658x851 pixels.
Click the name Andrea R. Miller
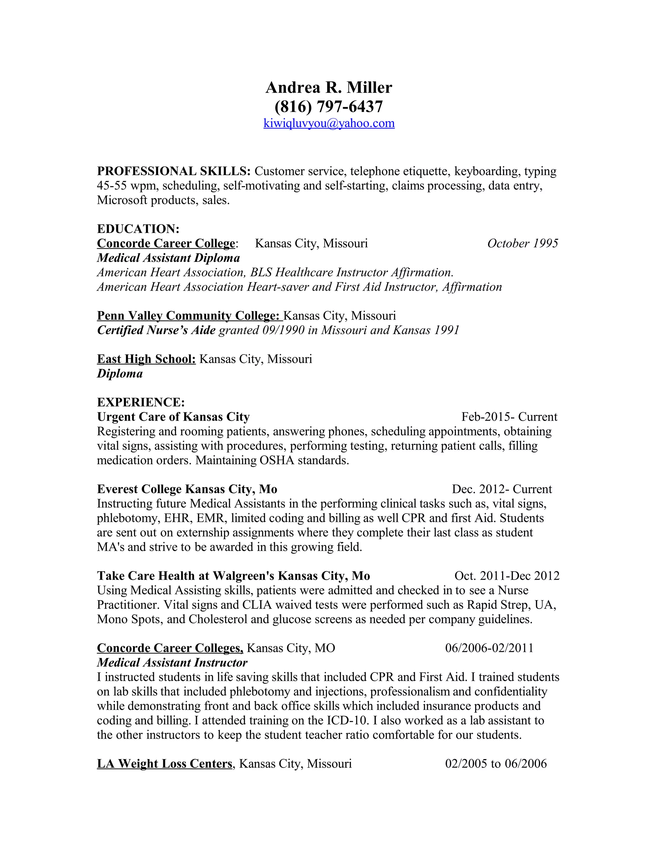(x=329, y=88)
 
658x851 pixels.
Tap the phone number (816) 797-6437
(x=329, y=106)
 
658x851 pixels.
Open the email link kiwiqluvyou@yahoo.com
(x=329, y=124)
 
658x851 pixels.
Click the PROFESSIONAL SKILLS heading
(x=173, y=171)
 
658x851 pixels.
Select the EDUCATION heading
(x=138, y=229)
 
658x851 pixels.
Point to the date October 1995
(x=522, y=243)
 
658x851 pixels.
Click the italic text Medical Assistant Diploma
(x=168, y=258)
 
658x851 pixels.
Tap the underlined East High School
(x=146, y=359)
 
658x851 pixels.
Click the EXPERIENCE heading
(x=141, y=402)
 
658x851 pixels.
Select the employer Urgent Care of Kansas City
(x=173, y=417)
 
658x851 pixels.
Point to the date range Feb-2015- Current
(x=509, y=417)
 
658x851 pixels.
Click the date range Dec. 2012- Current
(x=502, y=489)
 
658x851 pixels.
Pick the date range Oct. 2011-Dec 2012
(x=507, y=576)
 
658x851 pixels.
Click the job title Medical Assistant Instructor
(x=172, y=663)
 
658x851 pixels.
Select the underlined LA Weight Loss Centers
(x=164, y=764)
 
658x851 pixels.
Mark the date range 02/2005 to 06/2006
(x=496, y=764)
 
